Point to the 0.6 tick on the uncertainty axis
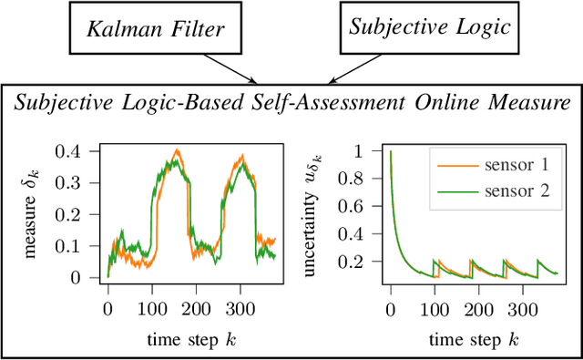[x=361, y=206]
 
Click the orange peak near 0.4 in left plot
[x=178, y=150]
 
